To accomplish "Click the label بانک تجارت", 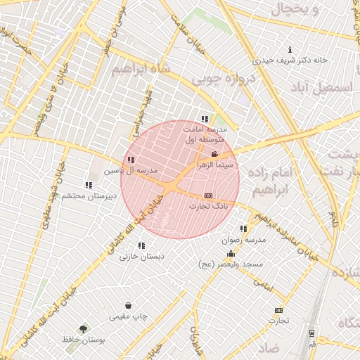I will click(x=209, y=206).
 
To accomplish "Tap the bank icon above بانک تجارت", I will click(x=208, y=195).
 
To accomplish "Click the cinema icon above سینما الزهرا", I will click(x=214, y=154).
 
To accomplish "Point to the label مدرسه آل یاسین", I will click(x=131, y=171).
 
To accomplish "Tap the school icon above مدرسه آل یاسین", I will click(x=131, y=160).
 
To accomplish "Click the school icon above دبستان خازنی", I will click(x=141, y=246).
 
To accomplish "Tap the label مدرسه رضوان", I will click(x=243, y=240).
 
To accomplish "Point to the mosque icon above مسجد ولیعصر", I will click(x=231, y=254).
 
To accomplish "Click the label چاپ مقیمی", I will click(x=128, y=316).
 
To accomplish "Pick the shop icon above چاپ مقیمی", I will click(x=128, y=306).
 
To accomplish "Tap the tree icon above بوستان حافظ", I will click(x=84, y=328).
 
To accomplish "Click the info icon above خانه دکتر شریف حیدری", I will click(x=290, y=50).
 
